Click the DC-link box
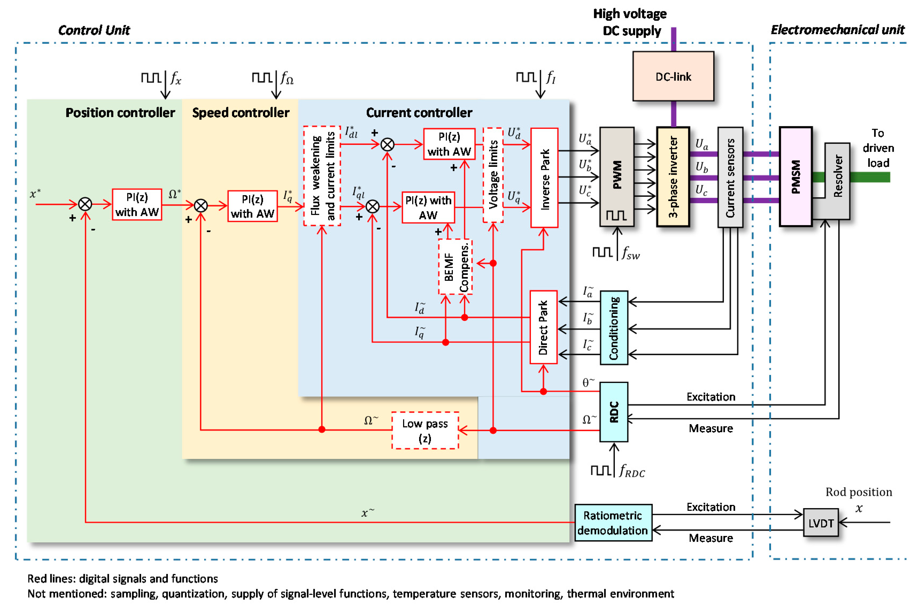click(673, 76)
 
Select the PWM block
click(617, 177)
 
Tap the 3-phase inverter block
click(673, 177)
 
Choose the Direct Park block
click(543, 327)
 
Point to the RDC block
click(614, 412)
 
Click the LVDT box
click(821, 523)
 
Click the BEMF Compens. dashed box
click(455, 267)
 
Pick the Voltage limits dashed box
click(493, 175)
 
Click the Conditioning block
click(614, 328)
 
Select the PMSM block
click(796, 177)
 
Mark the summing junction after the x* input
click(85, 204)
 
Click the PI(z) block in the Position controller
click(137, 204)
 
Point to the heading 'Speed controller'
click(241, 113)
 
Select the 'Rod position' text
click(859, 492)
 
